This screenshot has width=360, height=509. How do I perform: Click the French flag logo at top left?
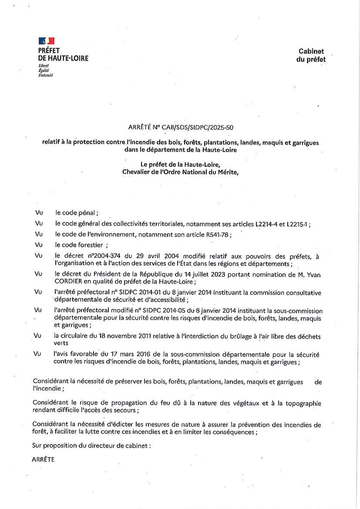tap(47, 41)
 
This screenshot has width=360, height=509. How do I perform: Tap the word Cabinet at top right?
tap(311, 51)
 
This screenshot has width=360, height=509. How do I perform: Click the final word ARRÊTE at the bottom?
tap(43, 460)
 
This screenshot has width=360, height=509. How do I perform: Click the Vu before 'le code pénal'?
tap(38, 213)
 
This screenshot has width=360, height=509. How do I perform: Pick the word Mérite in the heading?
tap(227, 172)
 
